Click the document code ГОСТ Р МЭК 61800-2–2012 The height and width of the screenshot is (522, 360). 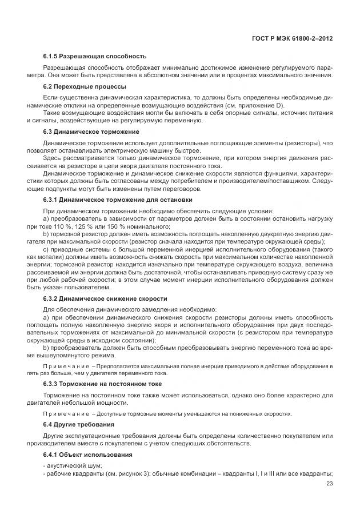tap(292, 38)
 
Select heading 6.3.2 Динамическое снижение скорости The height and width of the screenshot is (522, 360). tap(105, 298)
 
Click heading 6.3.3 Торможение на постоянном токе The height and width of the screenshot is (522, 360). tap(103, 384)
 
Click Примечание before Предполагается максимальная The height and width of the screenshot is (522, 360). tap(66, 365)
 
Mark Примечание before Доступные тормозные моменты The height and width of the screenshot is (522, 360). tap(66, 413)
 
